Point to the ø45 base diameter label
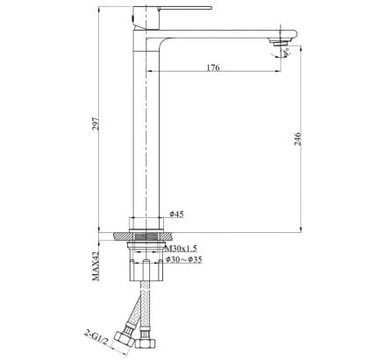[175, 215]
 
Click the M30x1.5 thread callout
[181, 249]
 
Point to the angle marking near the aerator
[282, 53]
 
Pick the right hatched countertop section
[173, 236]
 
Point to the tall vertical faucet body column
[144, 131]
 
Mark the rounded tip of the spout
[286, 36]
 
